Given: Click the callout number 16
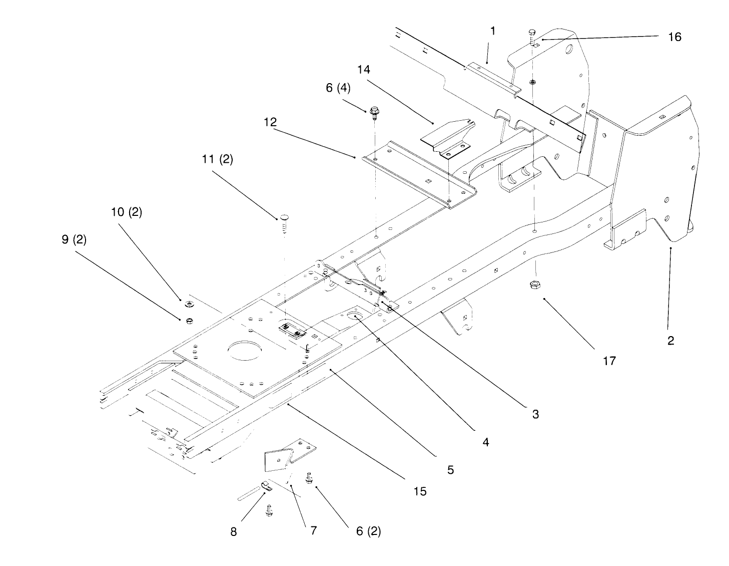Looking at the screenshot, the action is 674,37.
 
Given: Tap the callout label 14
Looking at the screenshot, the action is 364,70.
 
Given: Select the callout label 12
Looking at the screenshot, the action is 270,122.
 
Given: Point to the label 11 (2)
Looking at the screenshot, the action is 217,159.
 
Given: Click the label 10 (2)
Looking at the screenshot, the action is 127,212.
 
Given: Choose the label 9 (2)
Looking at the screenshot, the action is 74,239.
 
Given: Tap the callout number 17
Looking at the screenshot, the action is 609,361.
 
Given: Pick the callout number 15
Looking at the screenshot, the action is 420,491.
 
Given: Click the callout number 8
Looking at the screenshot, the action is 234,532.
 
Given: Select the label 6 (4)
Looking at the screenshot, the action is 338,88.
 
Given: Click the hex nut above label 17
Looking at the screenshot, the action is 534,284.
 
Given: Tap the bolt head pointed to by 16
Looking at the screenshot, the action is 532,33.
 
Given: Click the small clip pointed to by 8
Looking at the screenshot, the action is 266,486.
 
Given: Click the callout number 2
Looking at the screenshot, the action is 670,341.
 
